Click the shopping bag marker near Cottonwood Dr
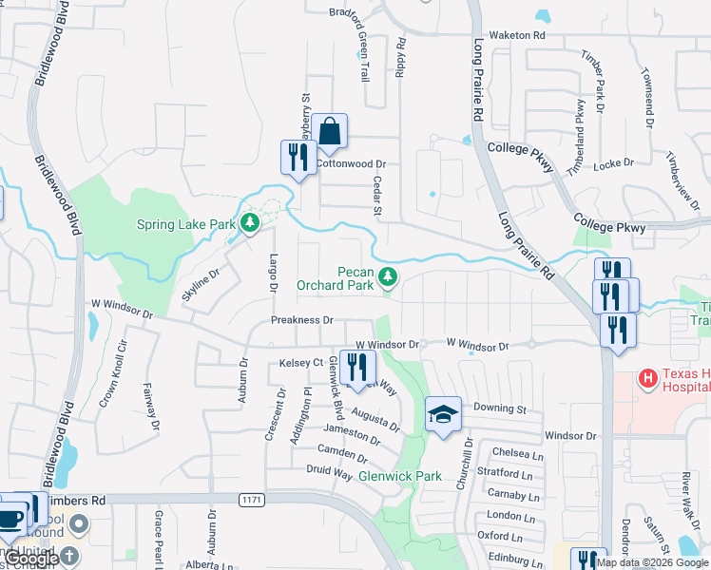329,133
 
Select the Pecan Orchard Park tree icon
387,276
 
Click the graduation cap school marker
443,415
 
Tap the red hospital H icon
648,379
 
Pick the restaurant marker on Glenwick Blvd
357,369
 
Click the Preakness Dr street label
301,321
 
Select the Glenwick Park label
399,476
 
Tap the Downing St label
500,408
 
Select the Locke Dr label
613,164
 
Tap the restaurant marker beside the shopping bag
298,157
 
